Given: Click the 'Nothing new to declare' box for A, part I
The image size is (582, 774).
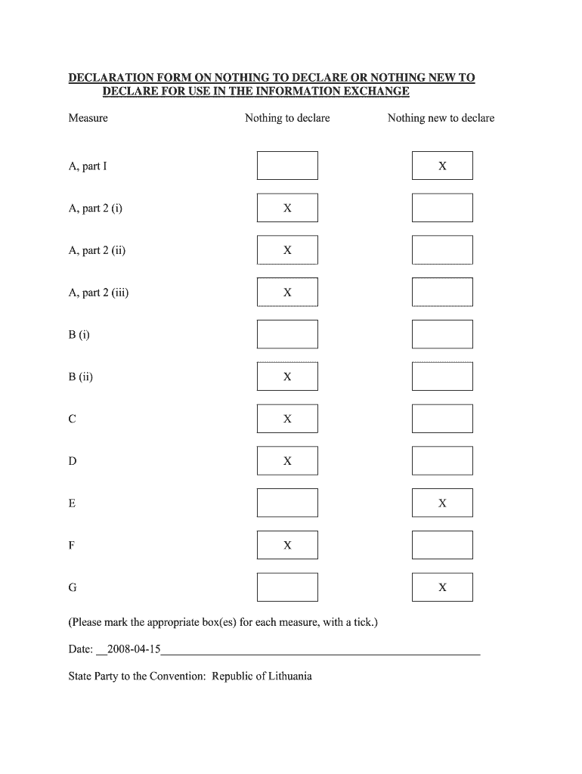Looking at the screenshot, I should click(x=442, y=166).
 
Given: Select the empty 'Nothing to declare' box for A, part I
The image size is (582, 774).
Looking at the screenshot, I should click(x=287, y=166).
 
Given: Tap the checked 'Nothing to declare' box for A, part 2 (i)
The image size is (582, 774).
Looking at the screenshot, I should click(x=287, y=208).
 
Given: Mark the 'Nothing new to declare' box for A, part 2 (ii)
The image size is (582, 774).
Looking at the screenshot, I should click(x=442, y=250).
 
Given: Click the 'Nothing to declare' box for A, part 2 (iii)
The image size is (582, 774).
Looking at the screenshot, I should click(x=287, y=292).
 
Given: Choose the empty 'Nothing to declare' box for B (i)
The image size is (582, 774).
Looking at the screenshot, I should click(x=287, y=334).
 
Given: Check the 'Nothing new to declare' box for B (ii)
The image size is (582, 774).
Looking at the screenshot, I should click(x=442, y=376).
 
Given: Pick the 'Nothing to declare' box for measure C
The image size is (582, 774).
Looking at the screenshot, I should click(x=287, y=419).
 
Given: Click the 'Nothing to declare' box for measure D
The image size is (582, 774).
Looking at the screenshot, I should click(x=287, y=460).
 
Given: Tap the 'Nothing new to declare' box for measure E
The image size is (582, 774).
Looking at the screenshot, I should click(x=442, y=503).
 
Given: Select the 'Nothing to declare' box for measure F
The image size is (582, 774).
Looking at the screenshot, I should click(x=287, y=545).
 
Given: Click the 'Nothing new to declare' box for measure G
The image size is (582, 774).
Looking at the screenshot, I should click(x=442, y=587).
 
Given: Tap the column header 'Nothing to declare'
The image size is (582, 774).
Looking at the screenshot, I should click(x=287, y=118).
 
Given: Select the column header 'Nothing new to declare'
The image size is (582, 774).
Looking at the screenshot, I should click(x=441, y=118).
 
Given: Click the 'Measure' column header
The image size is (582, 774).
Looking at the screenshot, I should click(x=88, y=118).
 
